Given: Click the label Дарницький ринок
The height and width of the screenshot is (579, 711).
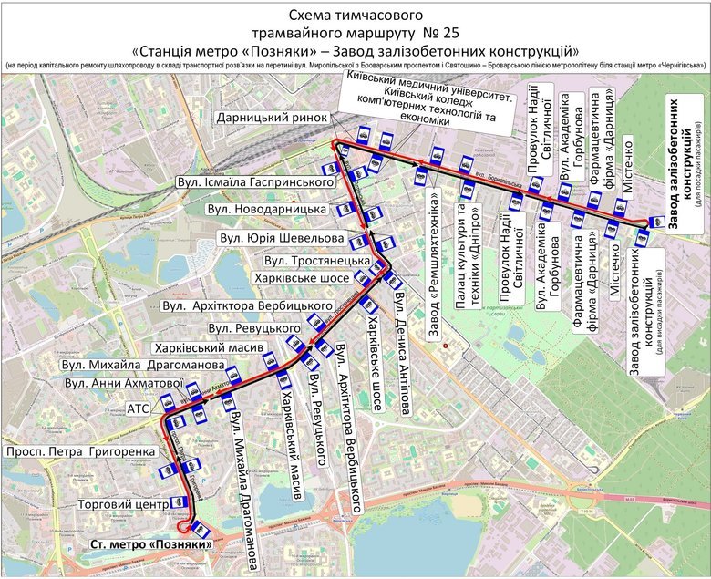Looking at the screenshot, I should [271, 118].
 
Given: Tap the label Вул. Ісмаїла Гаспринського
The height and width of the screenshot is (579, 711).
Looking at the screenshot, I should [257, 183].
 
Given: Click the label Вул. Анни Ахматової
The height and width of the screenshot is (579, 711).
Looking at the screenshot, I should [118, 383].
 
